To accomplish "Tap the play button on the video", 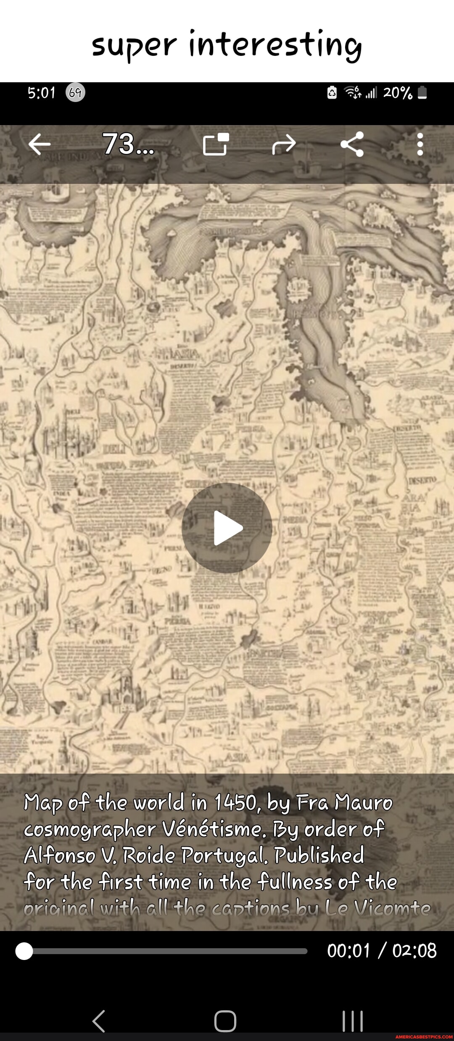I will tap(227, 528).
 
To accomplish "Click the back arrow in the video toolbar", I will tap(40, 144).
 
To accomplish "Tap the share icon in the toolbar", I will tap(352, 144).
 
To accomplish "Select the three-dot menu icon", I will tap(420, 144).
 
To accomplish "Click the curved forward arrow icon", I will tap(284, 144).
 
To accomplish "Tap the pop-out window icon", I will tap(216, 144).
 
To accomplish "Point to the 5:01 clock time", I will tap(41, 93).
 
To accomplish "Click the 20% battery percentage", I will tap(397, 93).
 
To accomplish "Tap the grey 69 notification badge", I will tap(75, 92).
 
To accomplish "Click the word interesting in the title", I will tap(275, 45).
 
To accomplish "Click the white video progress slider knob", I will tap(24, 951).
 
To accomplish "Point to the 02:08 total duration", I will tap(414, 950).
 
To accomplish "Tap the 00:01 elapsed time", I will tap(348, 950).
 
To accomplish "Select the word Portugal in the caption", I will tap(224, 855).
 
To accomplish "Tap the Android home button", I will tap(225, 1021).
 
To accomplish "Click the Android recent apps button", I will tap(352, 1021).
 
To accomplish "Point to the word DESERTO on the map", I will tap(422, 480).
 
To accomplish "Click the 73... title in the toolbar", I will tap(128, 144).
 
